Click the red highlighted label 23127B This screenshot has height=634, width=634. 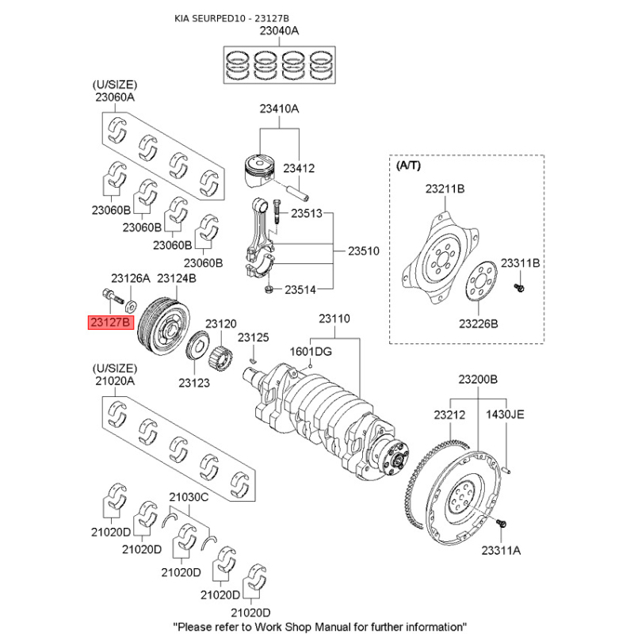tap(108, 323)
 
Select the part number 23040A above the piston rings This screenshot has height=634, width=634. tap(279, 32)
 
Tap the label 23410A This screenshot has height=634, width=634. tap(278, 109)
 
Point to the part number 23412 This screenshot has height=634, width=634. tap(299, 168)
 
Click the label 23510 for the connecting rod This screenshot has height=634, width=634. tap(364, 251)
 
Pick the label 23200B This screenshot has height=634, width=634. tap(478, 381)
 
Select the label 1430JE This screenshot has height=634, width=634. tap(505, 414)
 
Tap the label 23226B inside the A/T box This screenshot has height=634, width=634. tap(478, 323)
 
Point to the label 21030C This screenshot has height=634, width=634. tap(188, 497)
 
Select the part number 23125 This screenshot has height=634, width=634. tap(254, 338)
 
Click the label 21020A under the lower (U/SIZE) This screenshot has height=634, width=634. tap(116, 381)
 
